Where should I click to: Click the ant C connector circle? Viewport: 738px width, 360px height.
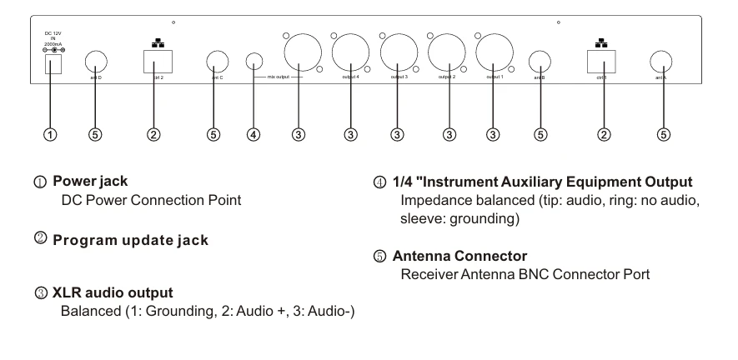(x=218, y=62)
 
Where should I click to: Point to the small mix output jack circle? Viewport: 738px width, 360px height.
(x=255, y=62)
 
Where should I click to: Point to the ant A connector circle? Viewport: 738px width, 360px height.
(x=662, y=61)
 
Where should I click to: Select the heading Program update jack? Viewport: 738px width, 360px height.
(x=130, y=241)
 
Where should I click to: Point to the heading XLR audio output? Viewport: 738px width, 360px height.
(x=113, y=294)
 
